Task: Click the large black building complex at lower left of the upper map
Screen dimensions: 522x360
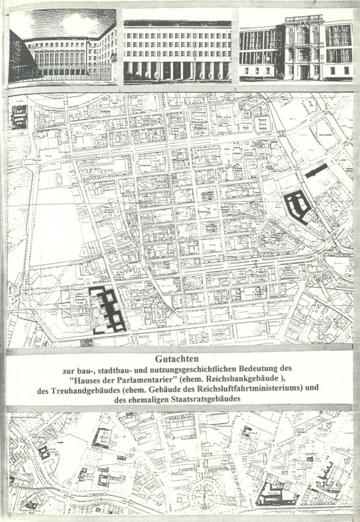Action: [108, 310]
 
